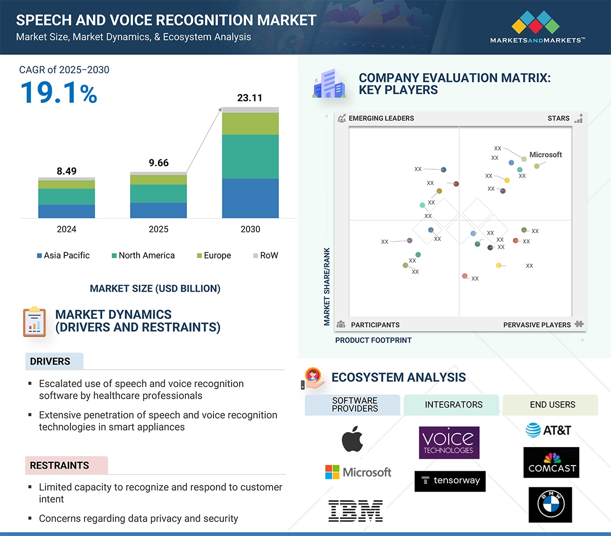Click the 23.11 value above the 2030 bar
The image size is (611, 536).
250,98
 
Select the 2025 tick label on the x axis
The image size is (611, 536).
158,229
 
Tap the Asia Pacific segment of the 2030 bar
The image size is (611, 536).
250,198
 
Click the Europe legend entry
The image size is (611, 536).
214,255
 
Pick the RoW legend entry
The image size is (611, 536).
266,255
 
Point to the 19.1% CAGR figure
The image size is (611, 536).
58,92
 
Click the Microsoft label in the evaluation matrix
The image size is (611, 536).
545,155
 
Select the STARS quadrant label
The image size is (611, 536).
558,118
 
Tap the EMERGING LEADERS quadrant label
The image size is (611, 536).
381,118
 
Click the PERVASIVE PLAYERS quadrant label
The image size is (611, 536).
537,325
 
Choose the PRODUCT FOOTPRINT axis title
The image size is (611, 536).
373,340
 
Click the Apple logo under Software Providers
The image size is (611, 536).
352,439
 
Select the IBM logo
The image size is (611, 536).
356,510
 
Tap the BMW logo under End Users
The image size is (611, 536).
550,505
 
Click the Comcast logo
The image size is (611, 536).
551,462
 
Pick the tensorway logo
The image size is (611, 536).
450,481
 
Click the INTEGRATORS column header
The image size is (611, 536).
453,404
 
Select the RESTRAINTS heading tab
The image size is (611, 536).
60,465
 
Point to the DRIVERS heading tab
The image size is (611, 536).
50,362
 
